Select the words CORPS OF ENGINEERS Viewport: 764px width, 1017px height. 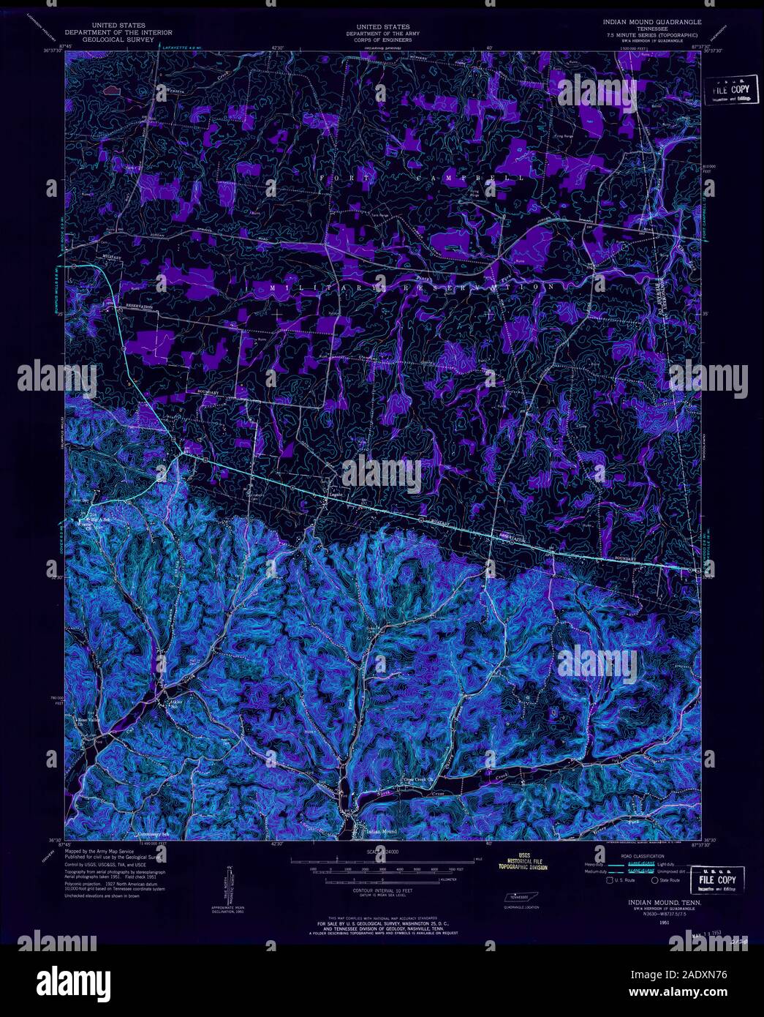377,40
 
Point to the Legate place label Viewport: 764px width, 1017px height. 335,494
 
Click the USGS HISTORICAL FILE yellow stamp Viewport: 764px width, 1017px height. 523,861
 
